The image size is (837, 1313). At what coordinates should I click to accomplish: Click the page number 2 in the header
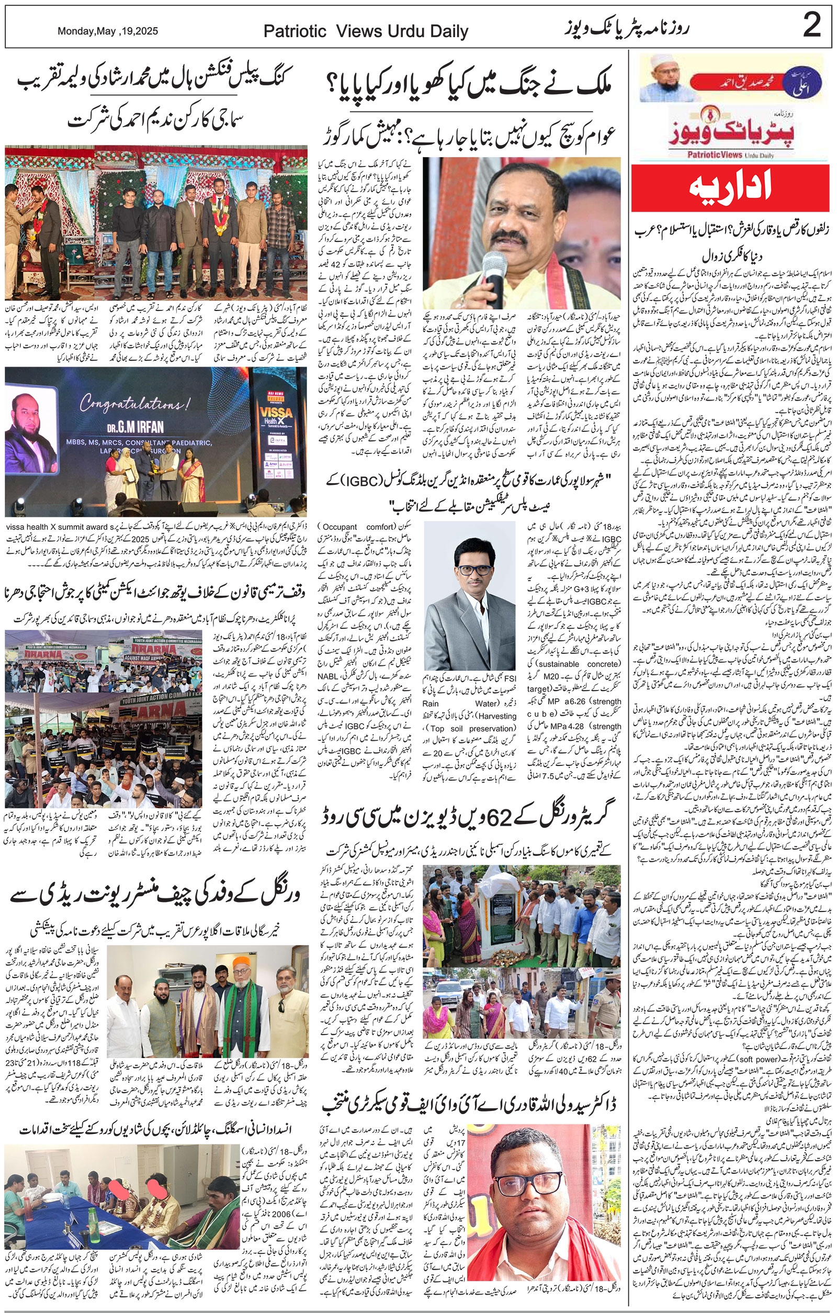pos(811,26)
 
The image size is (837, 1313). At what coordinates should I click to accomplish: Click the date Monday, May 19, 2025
pos(108,31)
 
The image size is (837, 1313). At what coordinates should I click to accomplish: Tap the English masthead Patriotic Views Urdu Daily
pos(366,31)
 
